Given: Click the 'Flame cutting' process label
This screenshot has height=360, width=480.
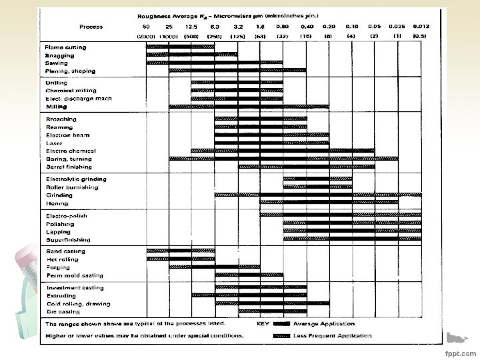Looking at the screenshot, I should (65, 47).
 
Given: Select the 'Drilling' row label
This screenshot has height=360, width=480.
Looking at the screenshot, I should (57, 82).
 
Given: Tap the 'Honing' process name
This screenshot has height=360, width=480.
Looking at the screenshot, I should (55, 203).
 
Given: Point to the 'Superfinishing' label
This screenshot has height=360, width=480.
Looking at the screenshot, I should (68, 239).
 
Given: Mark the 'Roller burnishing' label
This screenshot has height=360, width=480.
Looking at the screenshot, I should (71, 187).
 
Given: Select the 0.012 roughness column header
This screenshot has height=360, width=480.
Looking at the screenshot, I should (421, 26).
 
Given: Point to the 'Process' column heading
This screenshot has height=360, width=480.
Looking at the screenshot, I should (91, 27).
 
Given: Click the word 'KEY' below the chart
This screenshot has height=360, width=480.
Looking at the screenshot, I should (264, 323).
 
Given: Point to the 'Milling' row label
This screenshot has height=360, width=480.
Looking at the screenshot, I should (56, 106).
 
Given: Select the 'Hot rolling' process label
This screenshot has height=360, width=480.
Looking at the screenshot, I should (61, 258).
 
